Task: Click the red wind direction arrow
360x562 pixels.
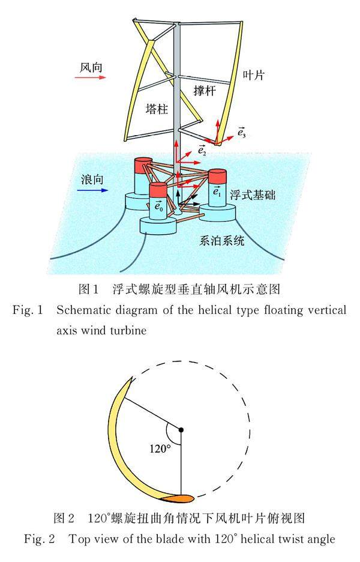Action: (91, 77)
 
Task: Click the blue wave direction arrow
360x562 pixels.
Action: (94, 190)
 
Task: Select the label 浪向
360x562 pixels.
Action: (93, 180)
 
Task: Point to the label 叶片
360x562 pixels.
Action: (254, 75)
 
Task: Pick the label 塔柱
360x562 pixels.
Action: (156, 109)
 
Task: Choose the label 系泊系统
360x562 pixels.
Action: (222, 242)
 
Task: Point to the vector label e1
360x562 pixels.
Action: (217, 192)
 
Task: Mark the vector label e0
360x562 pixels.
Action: (158, 207)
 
